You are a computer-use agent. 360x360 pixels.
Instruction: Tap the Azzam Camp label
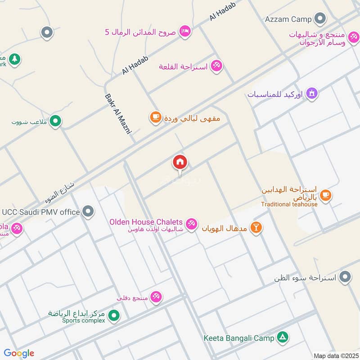coord(288,19)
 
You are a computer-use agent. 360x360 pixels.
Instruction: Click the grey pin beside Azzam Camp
coord(320,19)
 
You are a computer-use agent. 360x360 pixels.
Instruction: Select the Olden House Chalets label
coord(146,222)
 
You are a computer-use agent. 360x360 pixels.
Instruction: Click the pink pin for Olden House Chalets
coord(192,224)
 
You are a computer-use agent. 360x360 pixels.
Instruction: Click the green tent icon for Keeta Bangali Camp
coord(283,337)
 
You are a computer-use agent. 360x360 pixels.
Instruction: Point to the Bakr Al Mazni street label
coord(117,114)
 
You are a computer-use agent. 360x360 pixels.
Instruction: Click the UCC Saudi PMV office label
coord(41,211)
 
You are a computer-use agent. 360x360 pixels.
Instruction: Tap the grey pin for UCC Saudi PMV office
coord(89,211)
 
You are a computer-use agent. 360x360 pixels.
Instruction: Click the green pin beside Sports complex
coord(114,315)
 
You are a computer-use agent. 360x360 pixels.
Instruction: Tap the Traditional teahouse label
coord(289,204)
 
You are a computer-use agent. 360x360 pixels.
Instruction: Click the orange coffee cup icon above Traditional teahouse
coord(326,195)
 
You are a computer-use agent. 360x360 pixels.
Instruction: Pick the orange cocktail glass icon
coord(256,227)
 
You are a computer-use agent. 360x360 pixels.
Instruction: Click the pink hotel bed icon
coord(185,31)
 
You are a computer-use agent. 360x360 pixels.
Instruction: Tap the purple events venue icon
coord(312,94)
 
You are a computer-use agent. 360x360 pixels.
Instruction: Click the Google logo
coord(19,353)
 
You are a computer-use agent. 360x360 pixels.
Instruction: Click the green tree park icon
coord(15,59)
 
